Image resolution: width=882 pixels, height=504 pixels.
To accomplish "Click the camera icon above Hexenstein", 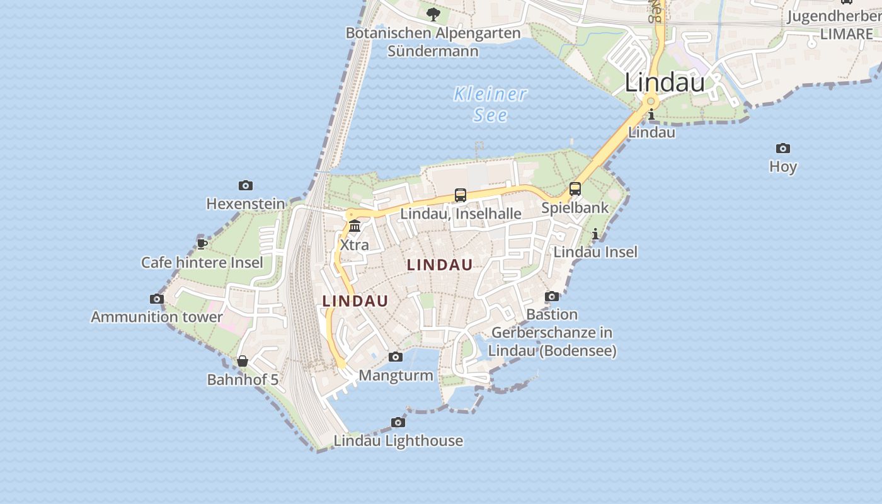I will pos(246,185).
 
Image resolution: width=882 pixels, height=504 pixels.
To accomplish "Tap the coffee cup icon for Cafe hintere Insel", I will pos(202,244).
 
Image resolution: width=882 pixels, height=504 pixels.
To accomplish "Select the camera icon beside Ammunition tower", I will pos(157,299).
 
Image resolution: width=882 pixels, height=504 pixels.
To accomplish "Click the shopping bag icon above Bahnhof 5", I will pos(243,361).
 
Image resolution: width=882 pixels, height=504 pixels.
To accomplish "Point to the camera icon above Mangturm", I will pos(396,357).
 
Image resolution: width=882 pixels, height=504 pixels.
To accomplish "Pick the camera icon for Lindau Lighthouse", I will pos(398,422).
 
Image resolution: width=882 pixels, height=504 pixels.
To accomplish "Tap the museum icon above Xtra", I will pos(355,226).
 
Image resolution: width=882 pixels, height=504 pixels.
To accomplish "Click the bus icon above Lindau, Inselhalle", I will pos(461,195).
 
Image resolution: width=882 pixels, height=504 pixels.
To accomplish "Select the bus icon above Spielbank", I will pos(575,188).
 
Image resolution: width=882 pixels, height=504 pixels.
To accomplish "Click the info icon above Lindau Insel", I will pos(595,234).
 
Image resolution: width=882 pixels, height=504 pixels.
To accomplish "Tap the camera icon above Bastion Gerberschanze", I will pos(552,296).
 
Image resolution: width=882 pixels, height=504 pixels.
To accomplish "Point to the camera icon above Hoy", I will pos(783,148).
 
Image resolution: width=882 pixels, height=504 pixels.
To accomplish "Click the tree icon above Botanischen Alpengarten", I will pos(433,14).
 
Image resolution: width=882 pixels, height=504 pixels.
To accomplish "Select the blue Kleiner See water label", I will pos(490,105).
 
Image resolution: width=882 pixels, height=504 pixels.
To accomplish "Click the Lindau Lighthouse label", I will pos(398,441).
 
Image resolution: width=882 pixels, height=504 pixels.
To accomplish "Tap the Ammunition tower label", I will pos(157,317).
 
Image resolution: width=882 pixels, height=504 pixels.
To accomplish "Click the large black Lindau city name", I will pos(665,83).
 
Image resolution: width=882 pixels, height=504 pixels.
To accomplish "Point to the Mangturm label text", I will pos(396,375).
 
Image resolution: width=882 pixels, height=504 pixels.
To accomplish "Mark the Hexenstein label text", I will pos(246,204).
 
